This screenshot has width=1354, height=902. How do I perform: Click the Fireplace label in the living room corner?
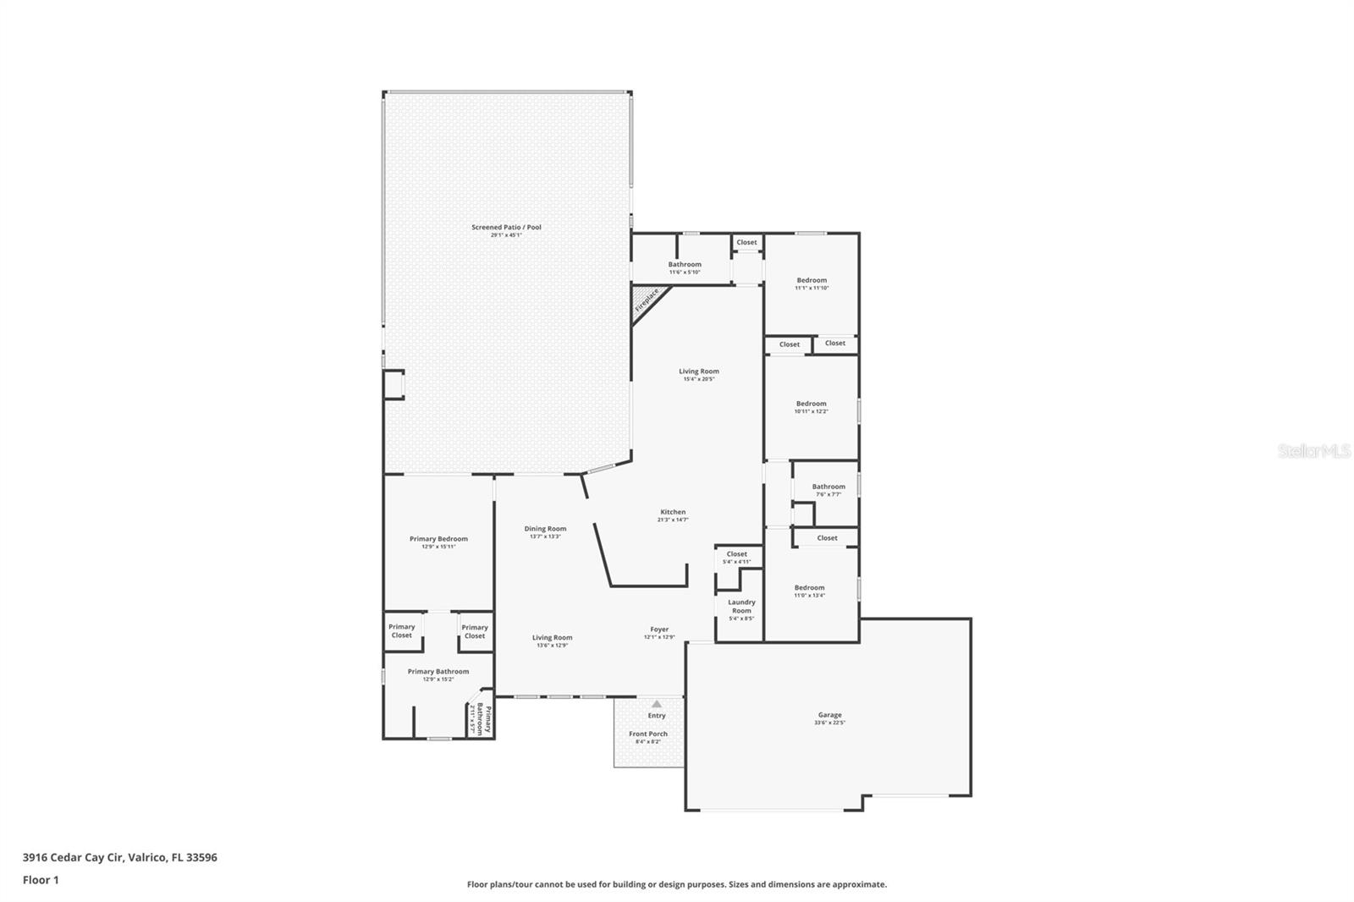[647, 300]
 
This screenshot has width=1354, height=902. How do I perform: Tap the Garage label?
[829, 715]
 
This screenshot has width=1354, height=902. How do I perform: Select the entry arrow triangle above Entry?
[657, 703]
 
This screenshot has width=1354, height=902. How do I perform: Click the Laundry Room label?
[741, 606]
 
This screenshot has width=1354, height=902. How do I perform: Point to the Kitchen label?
[673, 512]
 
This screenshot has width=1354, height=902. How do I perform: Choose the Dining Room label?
[545, 529]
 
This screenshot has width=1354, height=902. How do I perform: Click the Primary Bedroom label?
[438, 539]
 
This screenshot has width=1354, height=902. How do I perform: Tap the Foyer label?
[659, 630]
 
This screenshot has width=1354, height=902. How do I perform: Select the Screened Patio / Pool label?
[506, 227]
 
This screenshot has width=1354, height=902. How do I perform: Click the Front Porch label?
[648, 734]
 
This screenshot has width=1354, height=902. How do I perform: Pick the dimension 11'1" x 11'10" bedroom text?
[811, 288]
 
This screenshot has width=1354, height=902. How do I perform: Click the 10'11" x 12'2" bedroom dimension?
[811, 411]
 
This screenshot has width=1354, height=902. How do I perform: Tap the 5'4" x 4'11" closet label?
[736, 561]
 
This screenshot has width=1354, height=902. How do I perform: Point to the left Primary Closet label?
[402, 631]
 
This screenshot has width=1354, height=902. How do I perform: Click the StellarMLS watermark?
[1313, 452]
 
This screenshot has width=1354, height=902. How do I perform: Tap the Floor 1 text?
[41, 880]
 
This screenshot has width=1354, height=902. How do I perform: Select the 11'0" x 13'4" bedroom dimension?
[809, 595]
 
